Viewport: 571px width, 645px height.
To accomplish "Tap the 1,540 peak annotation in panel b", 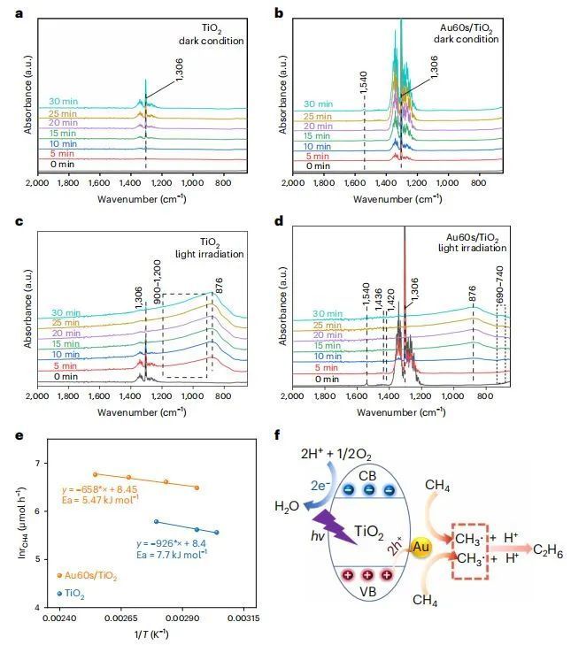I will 364,85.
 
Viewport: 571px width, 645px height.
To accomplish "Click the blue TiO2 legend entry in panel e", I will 75,593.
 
